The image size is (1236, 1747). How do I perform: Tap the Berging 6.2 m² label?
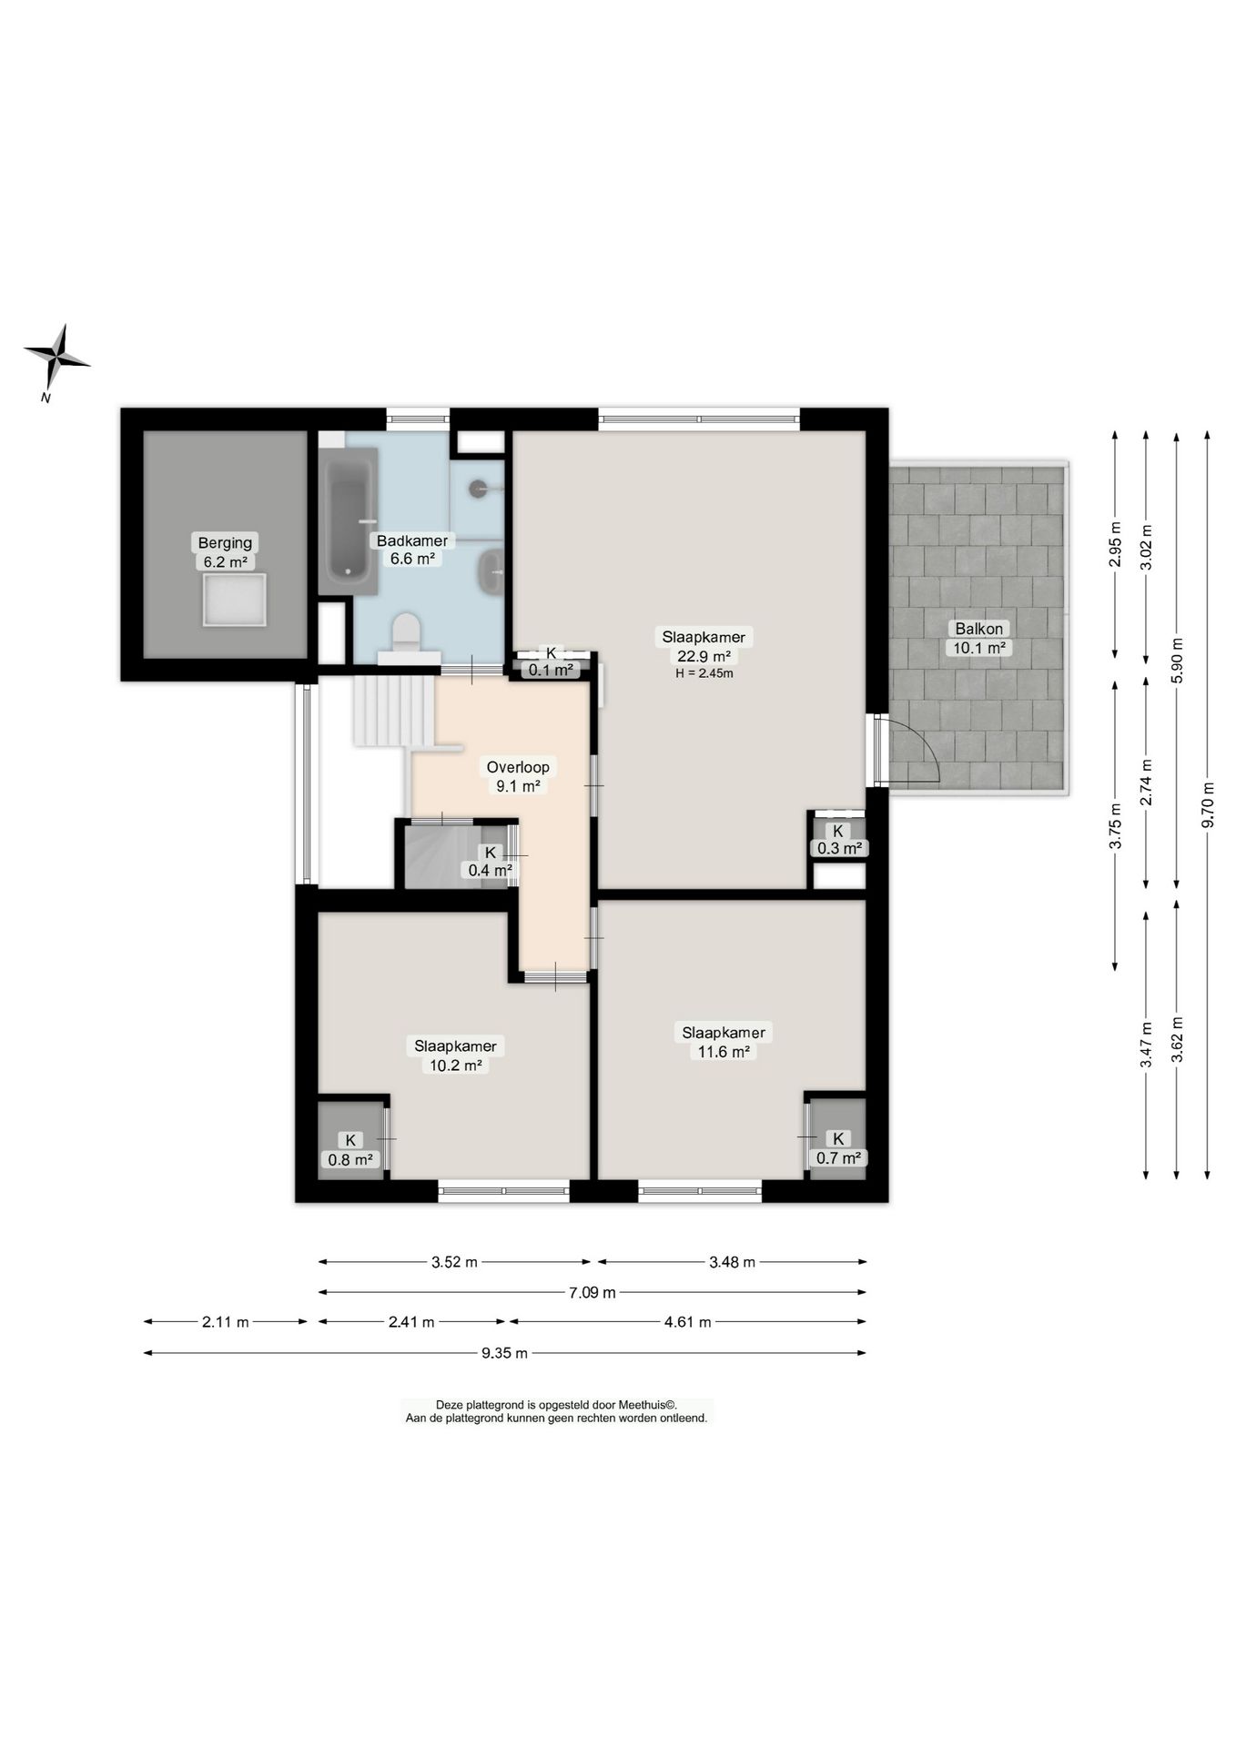coord(226,552)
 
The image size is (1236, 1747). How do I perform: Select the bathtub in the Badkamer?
coord(349,520)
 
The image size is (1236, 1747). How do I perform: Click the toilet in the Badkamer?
coord(406,633)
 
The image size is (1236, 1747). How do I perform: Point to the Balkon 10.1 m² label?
coord(979,638)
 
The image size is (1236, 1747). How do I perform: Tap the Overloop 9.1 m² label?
coord(518,776)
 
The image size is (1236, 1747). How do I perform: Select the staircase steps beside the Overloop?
coord(394,711)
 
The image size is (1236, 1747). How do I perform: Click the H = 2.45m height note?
coord(704,674)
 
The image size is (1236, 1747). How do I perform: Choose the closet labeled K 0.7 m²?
coord(837,1139)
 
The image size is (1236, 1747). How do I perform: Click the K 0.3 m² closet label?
coord(838,840)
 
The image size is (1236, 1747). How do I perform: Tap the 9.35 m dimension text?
coord(505,1353)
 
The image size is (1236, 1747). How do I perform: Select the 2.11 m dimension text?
coord(226,1322)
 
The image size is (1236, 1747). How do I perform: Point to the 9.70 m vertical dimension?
coord(1208,804)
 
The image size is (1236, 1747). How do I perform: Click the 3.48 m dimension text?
coord(732,1262)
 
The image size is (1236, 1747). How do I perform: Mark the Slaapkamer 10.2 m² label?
coord(455,1055)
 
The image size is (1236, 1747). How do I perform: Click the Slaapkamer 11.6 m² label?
coord(724,1042)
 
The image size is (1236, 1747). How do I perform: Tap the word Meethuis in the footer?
coord(645,1405)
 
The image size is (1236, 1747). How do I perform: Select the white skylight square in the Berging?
coord(235,600)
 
